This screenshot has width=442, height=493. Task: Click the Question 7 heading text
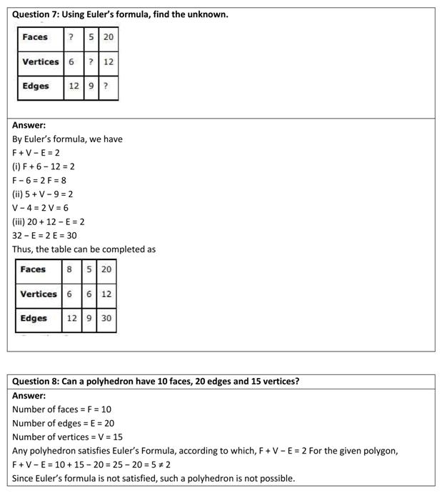tap(120, 14)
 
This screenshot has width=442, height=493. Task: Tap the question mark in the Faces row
tap(71, 37)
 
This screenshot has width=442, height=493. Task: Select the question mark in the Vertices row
tap(91, 62)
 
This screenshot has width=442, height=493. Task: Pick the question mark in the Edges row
tap(106, 86)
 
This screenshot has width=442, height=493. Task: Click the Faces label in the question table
tap(35, 37)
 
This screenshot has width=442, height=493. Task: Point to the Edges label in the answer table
tap(34, 319)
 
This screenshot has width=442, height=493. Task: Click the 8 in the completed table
tap(69, 269)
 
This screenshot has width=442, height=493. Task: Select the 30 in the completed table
tap(106, 319)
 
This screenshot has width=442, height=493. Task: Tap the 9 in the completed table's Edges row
tap(89, 319)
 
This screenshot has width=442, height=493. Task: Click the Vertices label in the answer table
tap(39, 294)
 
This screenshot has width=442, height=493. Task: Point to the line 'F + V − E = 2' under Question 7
tap(36, 153)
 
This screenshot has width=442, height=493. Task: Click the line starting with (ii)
tap(43, 194)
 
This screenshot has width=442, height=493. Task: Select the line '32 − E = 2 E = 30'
tap(44, 236)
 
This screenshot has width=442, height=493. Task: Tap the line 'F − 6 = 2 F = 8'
tap(39, 181)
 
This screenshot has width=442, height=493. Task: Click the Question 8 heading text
tap(156, 382)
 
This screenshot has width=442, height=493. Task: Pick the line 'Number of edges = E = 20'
tap(63, 423)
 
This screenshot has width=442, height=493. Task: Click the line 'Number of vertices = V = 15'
tap(67, 437)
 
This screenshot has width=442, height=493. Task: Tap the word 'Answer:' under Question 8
tap(29, 395)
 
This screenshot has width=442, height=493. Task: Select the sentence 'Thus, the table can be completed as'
tap(84, 249)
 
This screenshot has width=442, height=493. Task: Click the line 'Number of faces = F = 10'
tap(61, 409)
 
